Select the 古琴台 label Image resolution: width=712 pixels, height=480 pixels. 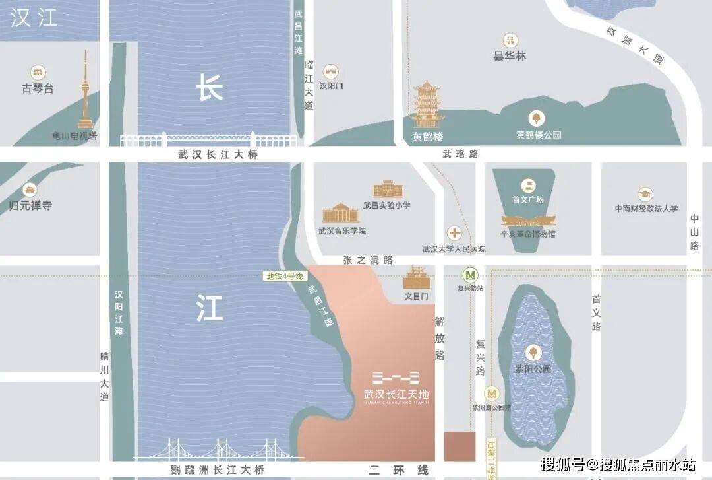click(x=38, y=88)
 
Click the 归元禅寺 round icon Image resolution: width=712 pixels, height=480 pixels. click(x=30, y=190)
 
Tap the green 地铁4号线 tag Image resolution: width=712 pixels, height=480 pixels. click(x=284, y=277)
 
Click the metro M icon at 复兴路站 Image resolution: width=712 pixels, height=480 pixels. click(x=471, y=275)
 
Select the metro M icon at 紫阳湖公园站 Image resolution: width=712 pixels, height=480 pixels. click(x=491, y=394)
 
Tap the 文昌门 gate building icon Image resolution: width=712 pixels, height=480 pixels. click(x=416, y=279)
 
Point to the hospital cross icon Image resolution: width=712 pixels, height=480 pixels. click(x=454, y=233)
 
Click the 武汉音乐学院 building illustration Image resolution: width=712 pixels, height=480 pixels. click(x=341, y=213)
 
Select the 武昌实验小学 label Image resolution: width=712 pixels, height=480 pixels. click(x=386, y=205)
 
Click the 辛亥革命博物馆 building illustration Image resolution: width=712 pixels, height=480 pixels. click(x=528, y=221)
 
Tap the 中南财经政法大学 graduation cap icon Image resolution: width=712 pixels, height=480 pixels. click(x=645, y=195)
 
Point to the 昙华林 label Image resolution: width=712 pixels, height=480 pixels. click(x=510, y=56)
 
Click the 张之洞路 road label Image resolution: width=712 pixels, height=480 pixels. click(x=367, y=260)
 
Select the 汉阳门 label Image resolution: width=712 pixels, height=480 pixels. click(x=331, y=86)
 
